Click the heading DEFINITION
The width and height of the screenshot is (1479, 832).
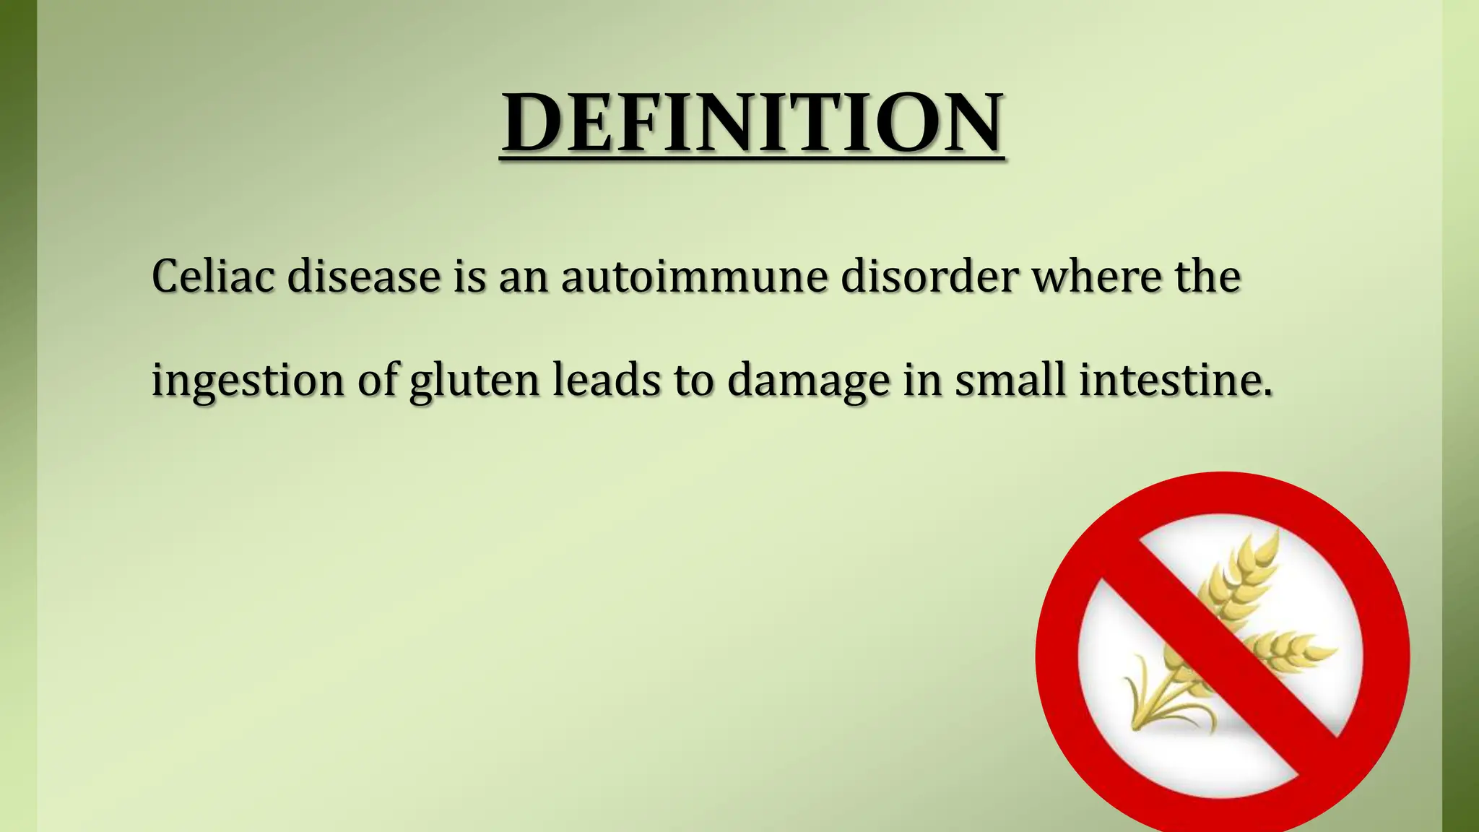coord(752,121)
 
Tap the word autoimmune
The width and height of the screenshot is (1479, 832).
coord(694,276)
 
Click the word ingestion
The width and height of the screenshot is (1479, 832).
coord(248,381)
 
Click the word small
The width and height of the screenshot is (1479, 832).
coord(1010,379)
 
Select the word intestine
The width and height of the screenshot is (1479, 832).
coord(1175,379)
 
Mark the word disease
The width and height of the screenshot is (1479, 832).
coord(364,276)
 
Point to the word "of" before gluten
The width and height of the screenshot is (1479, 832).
coord(378,379)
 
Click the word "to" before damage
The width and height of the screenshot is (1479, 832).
coord(694,381)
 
